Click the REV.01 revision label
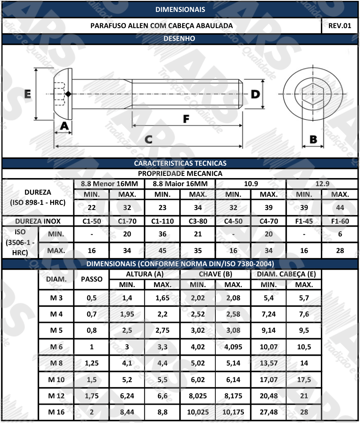click(x=340, y=26)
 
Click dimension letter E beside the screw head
click(x=28, y=94)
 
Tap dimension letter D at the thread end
click(x=255, y=94)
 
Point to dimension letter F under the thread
click(x=186, y=119)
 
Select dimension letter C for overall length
click(x=149, y=139)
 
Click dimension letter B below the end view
click(x=313, y=139)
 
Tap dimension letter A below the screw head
click(x=64, y=126)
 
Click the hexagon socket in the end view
click(x=313, y=94)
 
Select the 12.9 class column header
click(x=322, y=184)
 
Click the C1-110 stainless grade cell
click(x=162, y=221)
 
